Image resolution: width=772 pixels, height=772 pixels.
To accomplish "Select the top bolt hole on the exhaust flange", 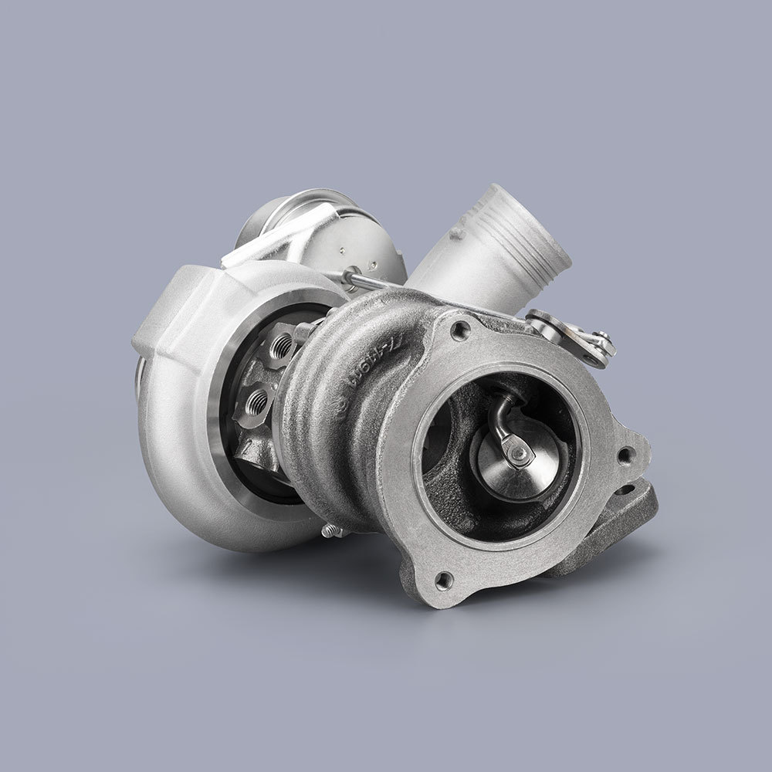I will pos(460,331).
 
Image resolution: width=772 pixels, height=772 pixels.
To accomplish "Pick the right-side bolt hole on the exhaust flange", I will pos(624,455).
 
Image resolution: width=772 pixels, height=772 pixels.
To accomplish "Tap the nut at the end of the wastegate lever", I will pos(601,340).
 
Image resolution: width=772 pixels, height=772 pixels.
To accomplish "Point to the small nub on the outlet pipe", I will pos(458,232).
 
